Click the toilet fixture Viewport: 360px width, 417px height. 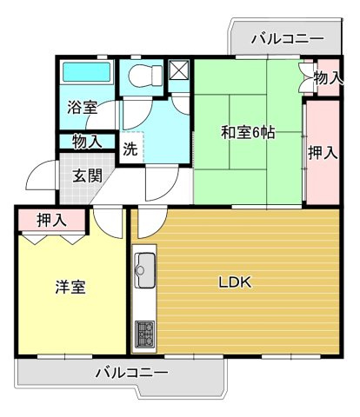pyautogui.click(x=139, y=78)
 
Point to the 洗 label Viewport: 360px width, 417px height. pyautogui.click(x=129, y=148)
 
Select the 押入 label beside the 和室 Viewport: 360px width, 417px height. pyautogui.click(x=323, y=153)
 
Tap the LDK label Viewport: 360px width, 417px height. pyautogui.click(x=235, y=281)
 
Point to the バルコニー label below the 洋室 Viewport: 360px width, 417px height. pyautogui.click(x=130, y=373)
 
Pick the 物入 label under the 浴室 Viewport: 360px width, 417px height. pyautogui.click(x=87, y=141)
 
